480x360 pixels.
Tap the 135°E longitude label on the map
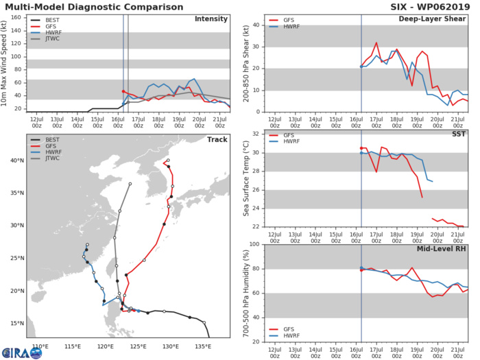point(203,344)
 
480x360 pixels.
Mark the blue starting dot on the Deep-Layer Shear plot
point(361,67)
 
